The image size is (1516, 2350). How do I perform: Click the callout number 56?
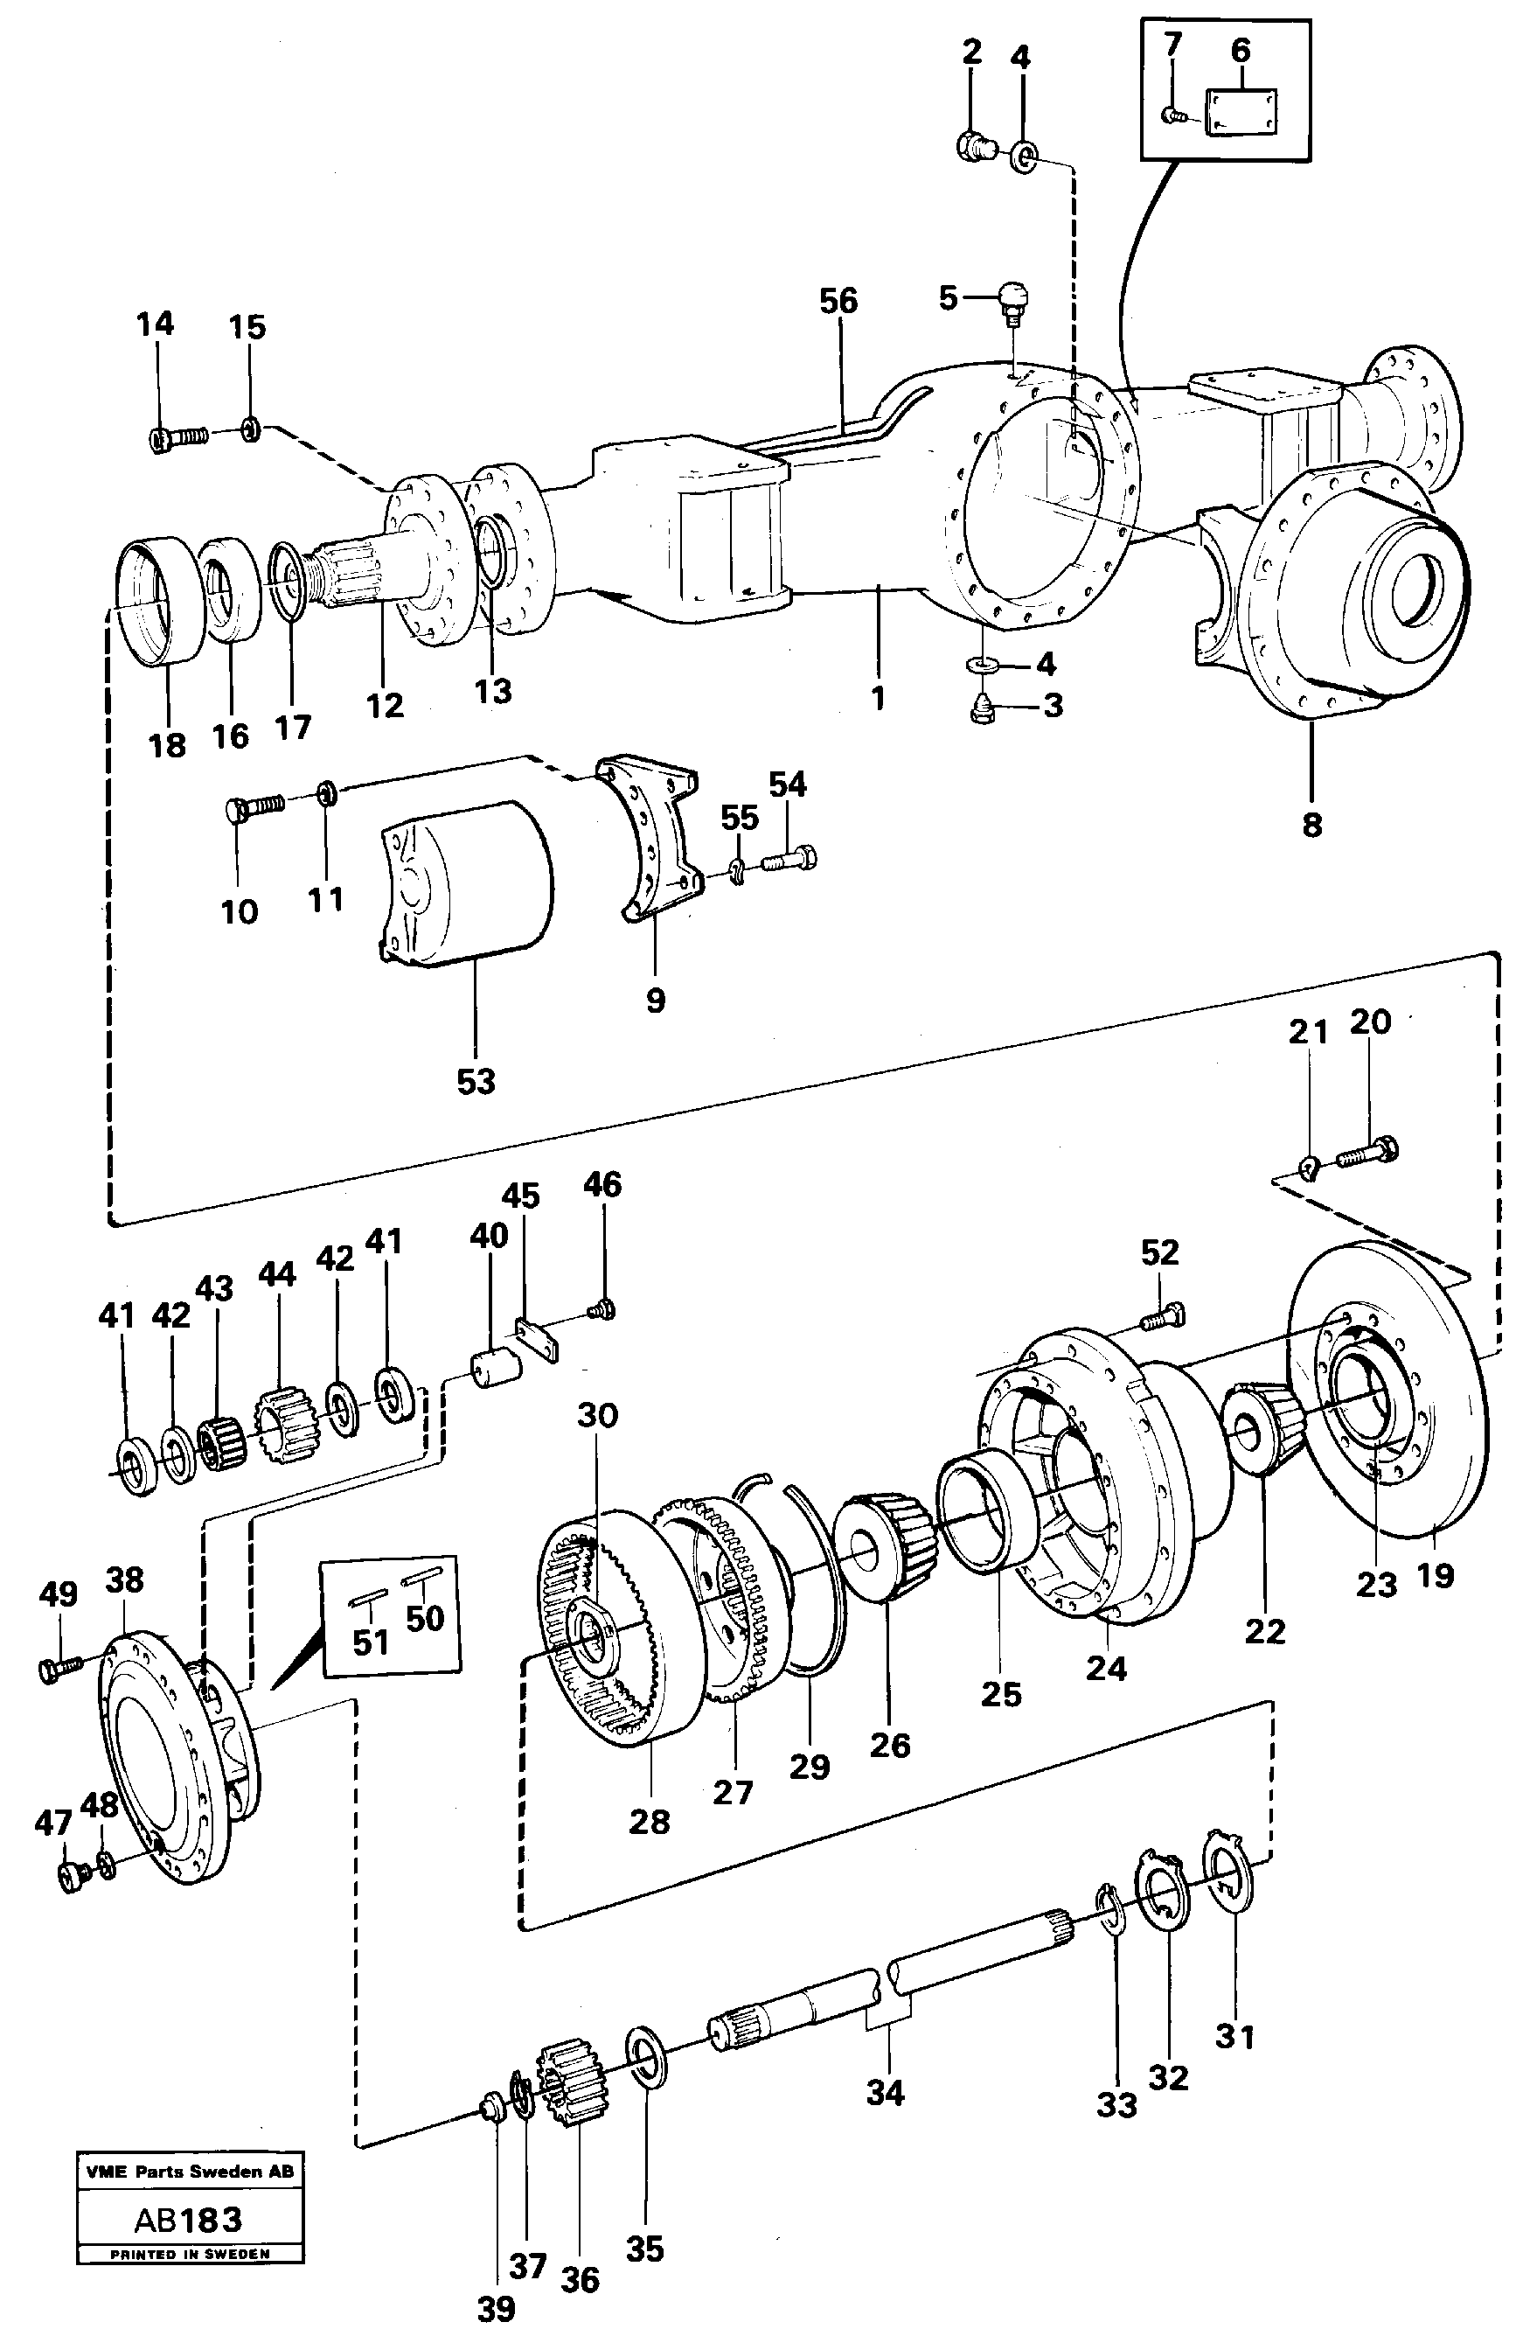point(838,301)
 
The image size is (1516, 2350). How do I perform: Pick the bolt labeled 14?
point(179,436)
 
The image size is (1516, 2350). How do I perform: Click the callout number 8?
point(1311,825)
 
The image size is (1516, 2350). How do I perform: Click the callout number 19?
point(1435,1575)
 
